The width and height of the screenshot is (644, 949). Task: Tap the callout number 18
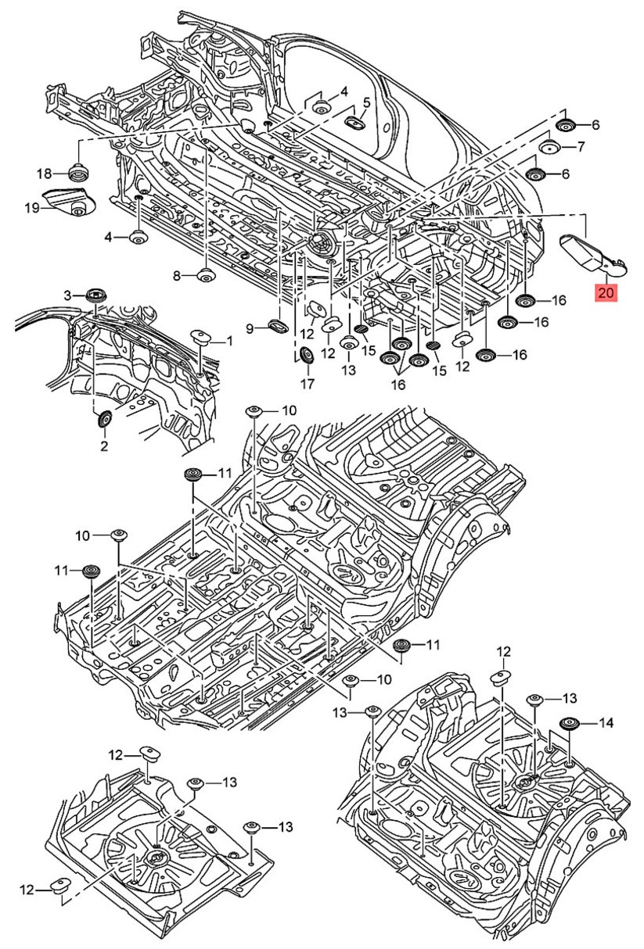(44, 174)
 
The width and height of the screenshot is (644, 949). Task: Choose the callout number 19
(31, 208)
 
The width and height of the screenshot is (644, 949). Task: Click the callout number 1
(229, 341)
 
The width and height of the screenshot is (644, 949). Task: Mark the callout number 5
(366, 102)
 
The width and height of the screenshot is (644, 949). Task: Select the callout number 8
(177, 275)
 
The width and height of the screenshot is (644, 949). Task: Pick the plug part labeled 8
(206, 275)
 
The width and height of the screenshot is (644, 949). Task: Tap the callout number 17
(307, 384)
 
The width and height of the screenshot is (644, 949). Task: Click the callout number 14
(606, 724)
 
